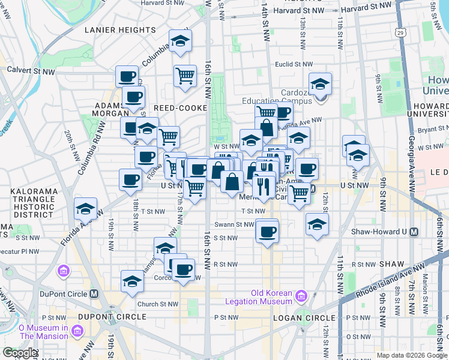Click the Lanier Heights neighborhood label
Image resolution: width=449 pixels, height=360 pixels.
coord(120,29)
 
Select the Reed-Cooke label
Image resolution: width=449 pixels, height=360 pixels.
coord(180,107)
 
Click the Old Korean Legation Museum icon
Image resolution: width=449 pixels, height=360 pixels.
coord(301,296)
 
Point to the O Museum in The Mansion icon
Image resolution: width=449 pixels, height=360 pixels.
coord(76,331)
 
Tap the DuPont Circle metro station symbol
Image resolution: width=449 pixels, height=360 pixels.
coord(94,294)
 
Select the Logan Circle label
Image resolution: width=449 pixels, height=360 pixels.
coord(304,317)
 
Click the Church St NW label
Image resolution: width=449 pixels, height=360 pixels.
coord(158,304)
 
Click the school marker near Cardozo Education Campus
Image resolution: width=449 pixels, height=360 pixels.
coord(321,83)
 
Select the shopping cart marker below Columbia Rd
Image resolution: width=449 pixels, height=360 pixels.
coord(185,76)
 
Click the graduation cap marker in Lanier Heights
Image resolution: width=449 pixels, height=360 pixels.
coord(178,40)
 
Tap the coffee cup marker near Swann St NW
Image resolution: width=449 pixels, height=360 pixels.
coord(267,230)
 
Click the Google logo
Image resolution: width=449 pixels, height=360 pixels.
coord(19,353)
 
